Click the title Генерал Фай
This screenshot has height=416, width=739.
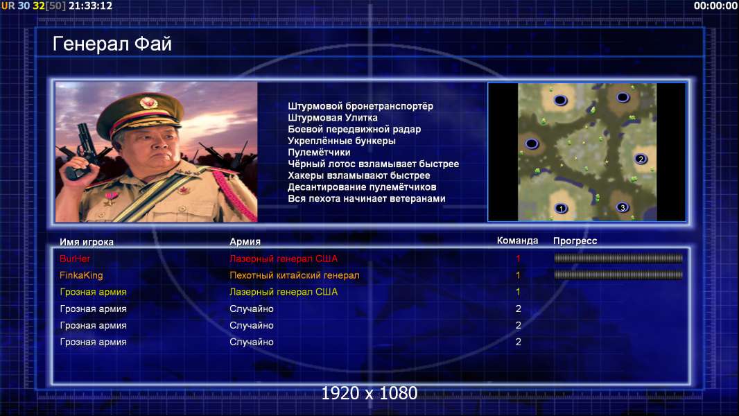point(112,44)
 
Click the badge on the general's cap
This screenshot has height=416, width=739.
point(148,102)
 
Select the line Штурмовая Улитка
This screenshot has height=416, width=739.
point(333,118)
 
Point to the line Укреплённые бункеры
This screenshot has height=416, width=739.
point(342,141)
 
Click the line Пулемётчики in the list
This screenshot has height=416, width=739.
point(319,152)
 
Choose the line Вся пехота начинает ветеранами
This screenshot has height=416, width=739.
point(367,198)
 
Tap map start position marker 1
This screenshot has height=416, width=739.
point(561,208)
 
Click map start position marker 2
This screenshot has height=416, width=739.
point(641,159)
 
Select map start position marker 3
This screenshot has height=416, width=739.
point(623,207)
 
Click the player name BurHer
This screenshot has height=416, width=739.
point(75,259)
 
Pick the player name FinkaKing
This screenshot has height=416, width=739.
point(81,275)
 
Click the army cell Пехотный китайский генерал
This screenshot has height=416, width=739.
point(295,275)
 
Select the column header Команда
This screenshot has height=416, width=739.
point(517,241)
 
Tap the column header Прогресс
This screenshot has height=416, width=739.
point(575,241)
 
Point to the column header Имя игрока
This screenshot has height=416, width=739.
point(87,242)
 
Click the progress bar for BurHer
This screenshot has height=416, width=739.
point(618,258)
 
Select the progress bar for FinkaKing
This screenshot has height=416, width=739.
point(618,275)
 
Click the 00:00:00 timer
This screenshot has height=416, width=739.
point(715,6)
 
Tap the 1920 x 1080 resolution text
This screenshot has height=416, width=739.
point(369,393)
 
